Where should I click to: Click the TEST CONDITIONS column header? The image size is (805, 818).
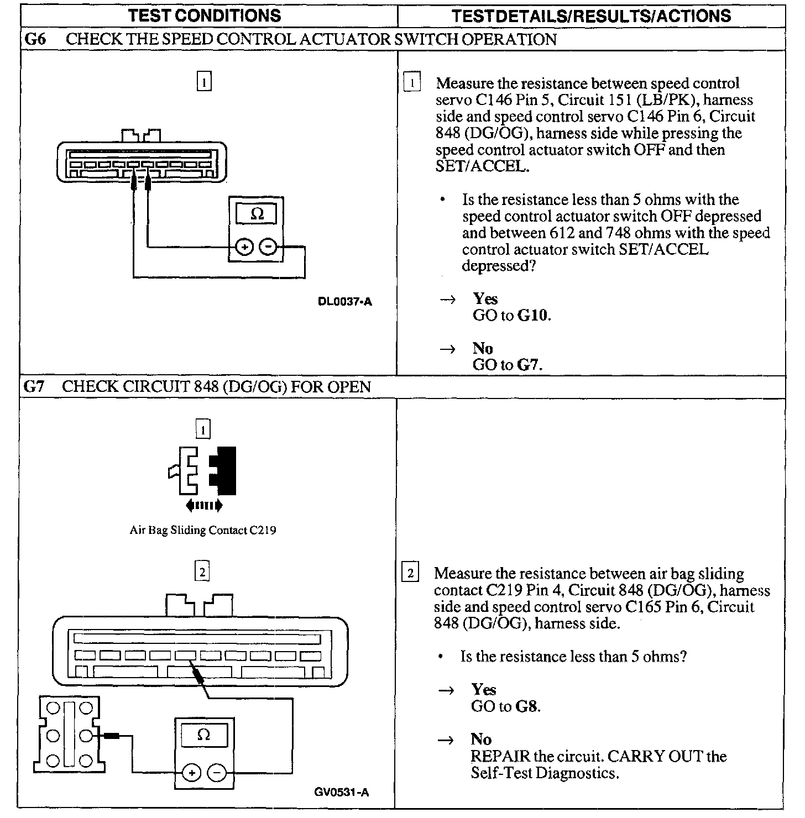205,15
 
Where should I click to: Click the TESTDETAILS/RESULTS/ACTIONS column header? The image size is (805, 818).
591,15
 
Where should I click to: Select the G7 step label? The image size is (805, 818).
34,386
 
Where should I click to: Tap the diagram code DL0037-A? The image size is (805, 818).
345,302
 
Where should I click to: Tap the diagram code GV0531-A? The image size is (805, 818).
342,792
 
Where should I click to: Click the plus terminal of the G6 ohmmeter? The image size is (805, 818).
244,247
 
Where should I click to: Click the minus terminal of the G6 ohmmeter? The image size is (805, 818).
268,247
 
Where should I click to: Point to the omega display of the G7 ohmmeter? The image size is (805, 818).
203,735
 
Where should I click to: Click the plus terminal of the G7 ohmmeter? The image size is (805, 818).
191,773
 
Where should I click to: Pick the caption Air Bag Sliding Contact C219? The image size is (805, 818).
202,530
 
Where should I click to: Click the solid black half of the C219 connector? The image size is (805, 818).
225,470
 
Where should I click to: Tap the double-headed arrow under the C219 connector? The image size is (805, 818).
204,505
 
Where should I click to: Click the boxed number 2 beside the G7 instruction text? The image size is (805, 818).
410,573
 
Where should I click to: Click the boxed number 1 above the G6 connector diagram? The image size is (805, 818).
204,82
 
